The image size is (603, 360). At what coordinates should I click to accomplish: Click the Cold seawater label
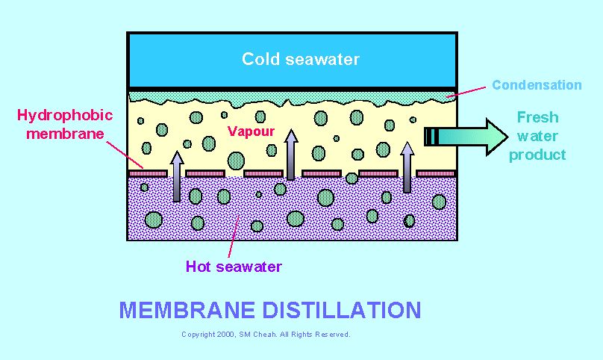[300, 59]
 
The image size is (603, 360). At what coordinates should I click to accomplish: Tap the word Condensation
[536, 85]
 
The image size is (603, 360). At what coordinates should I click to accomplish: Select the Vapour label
[251, 131]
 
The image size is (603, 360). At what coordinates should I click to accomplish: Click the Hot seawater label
[234, 267]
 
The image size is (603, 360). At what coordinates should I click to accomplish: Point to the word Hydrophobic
[65, 115]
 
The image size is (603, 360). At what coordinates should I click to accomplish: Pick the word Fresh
[537, 117]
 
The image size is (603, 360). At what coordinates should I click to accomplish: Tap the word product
[537, 155]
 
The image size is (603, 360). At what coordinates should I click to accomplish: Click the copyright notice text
[266, 335]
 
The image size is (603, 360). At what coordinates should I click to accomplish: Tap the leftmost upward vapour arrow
[177, 176]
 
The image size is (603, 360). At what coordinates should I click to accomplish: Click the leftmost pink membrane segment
[147, 174]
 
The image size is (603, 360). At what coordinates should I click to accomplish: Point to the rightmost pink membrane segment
[436, 174]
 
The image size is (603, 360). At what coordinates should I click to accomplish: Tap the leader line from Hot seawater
[234, 238]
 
